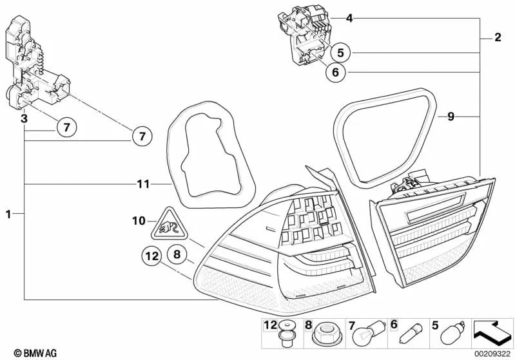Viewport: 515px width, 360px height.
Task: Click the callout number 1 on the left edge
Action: pyautogui.click(x=7, y=213)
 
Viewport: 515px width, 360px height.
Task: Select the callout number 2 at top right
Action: pyautogui.click(x=497, y=38)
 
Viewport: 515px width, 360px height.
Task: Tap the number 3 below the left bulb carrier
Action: pyautogui.click(x=24, y=119)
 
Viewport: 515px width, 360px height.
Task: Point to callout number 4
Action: pyautogui.click(x=349, y=19)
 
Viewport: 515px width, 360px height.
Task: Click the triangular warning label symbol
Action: pyautogui.click(x=165, y=225)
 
